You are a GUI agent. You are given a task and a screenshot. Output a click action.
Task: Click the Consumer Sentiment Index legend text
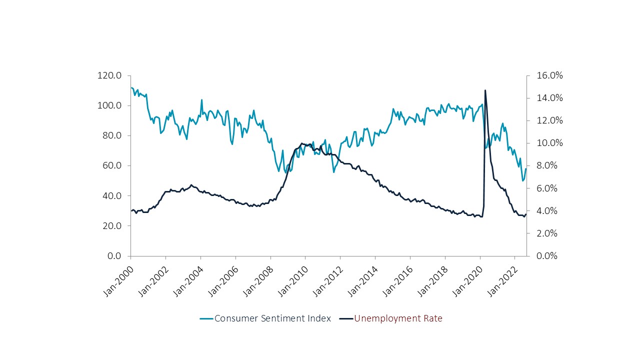[x=272, y=318]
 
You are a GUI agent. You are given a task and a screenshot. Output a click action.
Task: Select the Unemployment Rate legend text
[x=398, y=318]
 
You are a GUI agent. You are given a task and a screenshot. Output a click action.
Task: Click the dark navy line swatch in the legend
[x=346, y=318]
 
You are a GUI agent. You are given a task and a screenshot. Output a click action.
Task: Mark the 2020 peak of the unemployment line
[x=485, y=90]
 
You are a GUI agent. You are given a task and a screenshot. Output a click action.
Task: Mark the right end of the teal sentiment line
[x=526, y=169]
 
